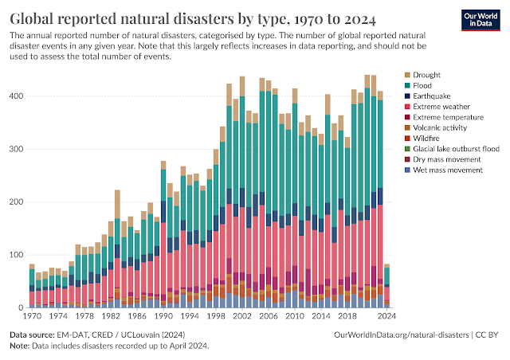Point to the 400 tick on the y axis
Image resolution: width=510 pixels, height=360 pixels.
(15, 96)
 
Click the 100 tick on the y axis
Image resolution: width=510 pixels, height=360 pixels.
(15, 255)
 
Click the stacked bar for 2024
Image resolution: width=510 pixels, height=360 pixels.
(386, 286)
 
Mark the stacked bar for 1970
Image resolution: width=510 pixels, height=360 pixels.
(32, 286)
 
